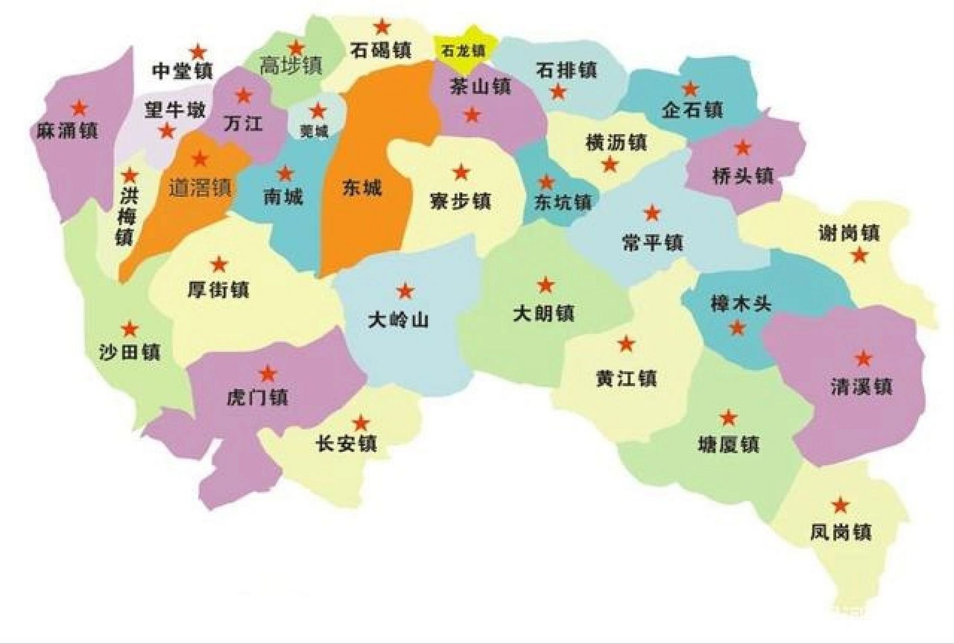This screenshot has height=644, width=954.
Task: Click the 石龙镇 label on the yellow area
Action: point(463,51)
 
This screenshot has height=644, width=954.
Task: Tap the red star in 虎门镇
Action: point(268,373)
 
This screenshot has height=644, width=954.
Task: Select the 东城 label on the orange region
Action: point(362,188)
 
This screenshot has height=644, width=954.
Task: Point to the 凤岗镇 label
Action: point(840,532)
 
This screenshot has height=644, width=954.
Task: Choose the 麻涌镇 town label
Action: point(67,131)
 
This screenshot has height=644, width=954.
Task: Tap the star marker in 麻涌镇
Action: point(79,108)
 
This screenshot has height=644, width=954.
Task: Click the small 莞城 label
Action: point(313,132)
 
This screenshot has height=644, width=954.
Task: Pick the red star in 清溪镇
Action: point(863,358)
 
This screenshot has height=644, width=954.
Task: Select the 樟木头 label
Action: point(741,304)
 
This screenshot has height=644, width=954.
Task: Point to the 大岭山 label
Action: point(398,320)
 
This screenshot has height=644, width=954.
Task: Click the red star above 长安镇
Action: point(361,423)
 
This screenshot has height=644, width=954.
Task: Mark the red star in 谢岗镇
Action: point(860,255)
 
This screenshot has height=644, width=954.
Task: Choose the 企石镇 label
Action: point(692,110)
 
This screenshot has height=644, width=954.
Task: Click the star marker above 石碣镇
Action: point(382,26)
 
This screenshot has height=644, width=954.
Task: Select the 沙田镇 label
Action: point(130,352)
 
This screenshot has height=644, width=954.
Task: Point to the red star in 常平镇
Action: point(652,213)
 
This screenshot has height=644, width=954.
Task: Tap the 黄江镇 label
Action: point(626,378)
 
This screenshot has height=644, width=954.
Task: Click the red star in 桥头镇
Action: point(743,147)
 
